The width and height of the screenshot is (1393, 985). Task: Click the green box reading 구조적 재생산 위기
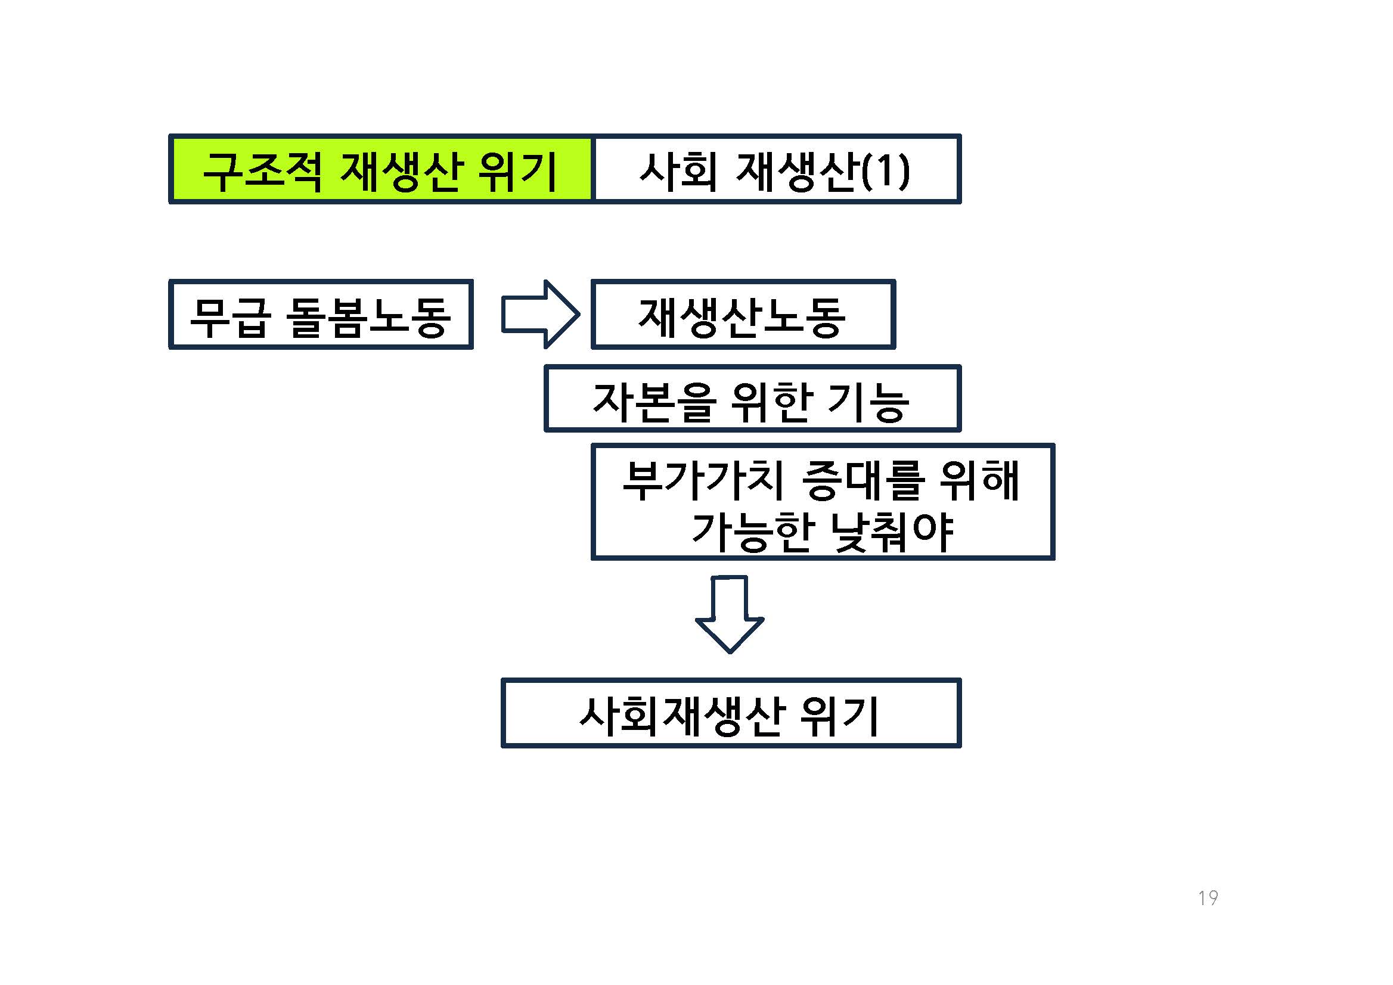381,169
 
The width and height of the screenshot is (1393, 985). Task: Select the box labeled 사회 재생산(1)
776,169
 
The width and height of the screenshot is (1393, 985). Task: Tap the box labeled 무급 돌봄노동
321,314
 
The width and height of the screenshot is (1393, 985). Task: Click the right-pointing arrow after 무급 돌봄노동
540,314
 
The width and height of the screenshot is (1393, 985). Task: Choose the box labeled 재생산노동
743,314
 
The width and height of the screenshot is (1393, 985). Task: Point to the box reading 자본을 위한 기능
752,399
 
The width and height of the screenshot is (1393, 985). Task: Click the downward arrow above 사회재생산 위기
729,614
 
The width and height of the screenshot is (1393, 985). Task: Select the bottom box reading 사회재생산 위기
731,713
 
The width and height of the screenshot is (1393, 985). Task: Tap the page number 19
1208,897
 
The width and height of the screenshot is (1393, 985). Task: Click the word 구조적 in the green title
263,172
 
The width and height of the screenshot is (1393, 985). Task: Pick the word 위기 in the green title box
517,172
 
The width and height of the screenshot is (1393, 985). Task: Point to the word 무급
229,317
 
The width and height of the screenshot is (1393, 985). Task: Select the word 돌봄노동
368,317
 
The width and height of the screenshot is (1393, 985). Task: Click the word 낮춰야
891,532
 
